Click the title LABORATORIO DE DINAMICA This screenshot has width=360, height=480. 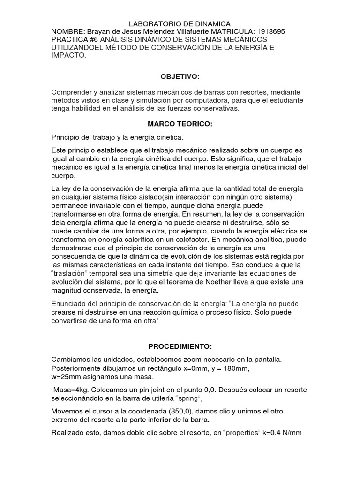180,23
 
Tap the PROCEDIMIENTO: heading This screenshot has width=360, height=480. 180,346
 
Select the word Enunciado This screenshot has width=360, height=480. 69,304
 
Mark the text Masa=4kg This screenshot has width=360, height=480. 70,390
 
